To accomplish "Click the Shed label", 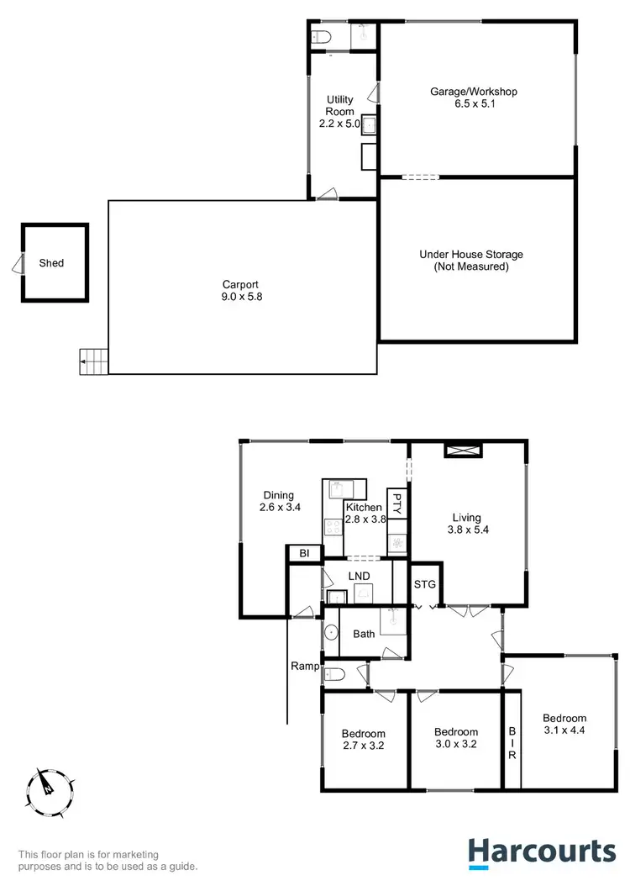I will click(x=51, y=263).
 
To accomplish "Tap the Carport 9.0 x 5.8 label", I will click(x=240, y=290).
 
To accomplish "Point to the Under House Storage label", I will click(x=471, y=261).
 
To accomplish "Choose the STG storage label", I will click(x=423, y=583).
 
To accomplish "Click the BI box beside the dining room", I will click(x=304, y=554).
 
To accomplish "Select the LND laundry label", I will click(x=359, y=576).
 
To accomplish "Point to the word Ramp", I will click(x=303, y=666).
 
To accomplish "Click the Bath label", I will click(x=364, y=634).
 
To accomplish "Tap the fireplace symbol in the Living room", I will click(x=464, y=451).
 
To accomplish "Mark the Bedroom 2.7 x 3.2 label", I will click(x=363, y=739).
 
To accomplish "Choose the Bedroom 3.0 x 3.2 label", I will click(x=455, y=738).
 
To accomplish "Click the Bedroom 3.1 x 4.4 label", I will click(x=564, y=724).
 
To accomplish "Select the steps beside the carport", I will click(x=94, y=362).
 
